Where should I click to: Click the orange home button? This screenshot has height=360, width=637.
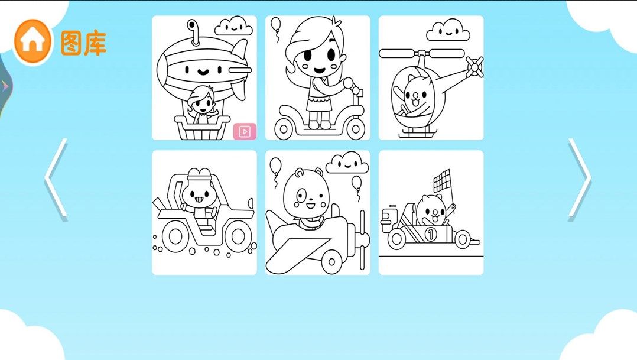point(32,41)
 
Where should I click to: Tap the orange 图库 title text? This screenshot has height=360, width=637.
point(84,43)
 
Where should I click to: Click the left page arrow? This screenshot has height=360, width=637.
point(56,180)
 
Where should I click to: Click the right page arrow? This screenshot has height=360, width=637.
point(580,180)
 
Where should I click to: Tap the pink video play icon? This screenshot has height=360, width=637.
point(245,131)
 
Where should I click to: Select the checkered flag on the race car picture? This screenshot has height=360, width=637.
point(442,180)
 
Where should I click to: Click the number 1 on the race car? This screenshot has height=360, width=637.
point(431,234)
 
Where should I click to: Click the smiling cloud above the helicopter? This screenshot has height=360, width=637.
point(448,31)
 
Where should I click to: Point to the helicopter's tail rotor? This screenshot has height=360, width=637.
point(474,67)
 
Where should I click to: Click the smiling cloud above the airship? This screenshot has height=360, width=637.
point(233,27)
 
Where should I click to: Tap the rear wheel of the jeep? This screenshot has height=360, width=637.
point(176,236)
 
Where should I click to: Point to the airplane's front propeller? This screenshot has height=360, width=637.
point(362,240)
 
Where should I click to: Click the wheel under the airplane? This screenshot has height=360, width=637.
point(332,261)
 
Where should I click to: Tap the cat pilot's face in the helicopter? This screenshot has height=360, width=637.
point(416,96)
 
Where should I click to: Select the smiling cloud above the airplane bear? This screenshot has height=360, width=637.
point(347,163)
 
